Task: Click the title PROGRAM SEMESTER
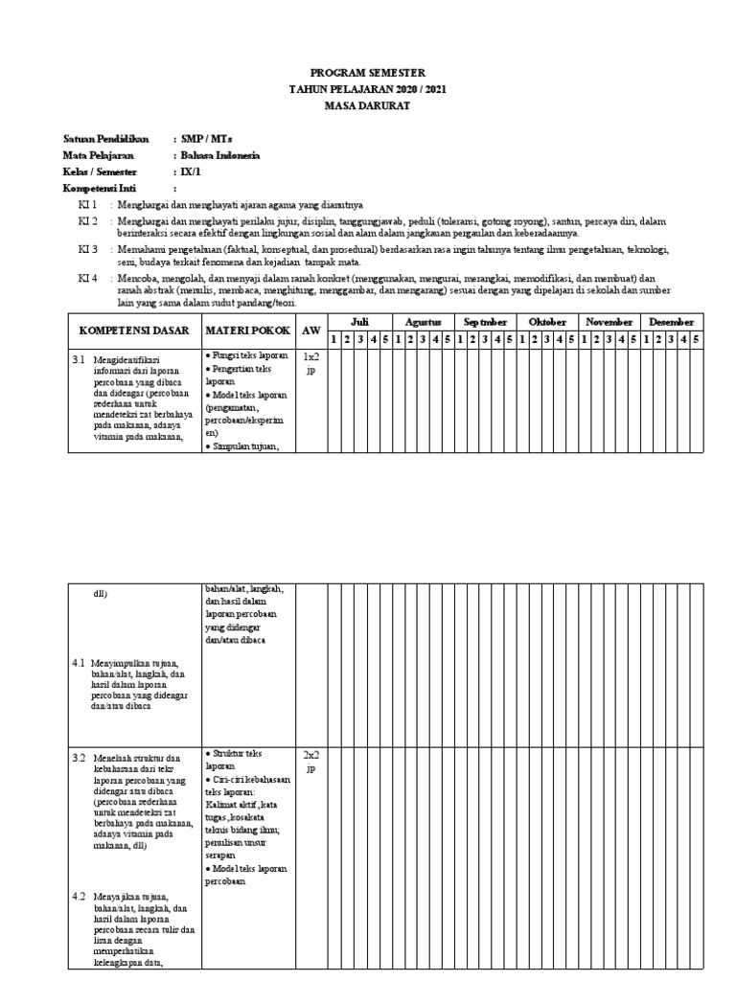[368, 73]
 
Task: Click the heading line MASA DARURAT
[368, 105]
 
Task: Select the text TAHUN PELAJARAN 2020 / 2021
[368, 89]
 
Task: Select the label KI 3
[88, 249]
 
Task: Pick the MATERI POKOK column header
[246, 331]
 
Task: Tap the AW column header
[310, 331]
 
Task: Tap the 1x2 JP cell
[310, 363]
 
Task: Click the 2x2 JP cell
[310, 761]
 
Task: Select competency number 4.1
[80, 663]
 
